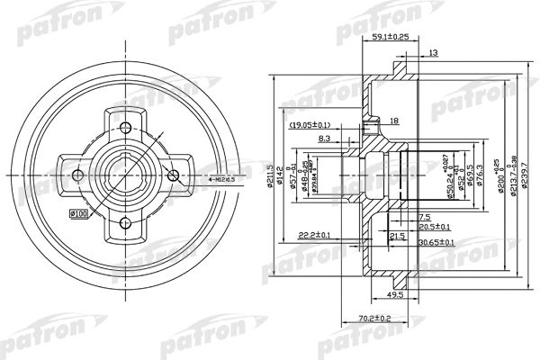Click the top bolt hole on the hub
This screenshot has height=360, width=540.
click(124, 125)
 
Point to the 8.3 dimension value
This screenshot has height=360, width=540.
click(324, 139)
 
